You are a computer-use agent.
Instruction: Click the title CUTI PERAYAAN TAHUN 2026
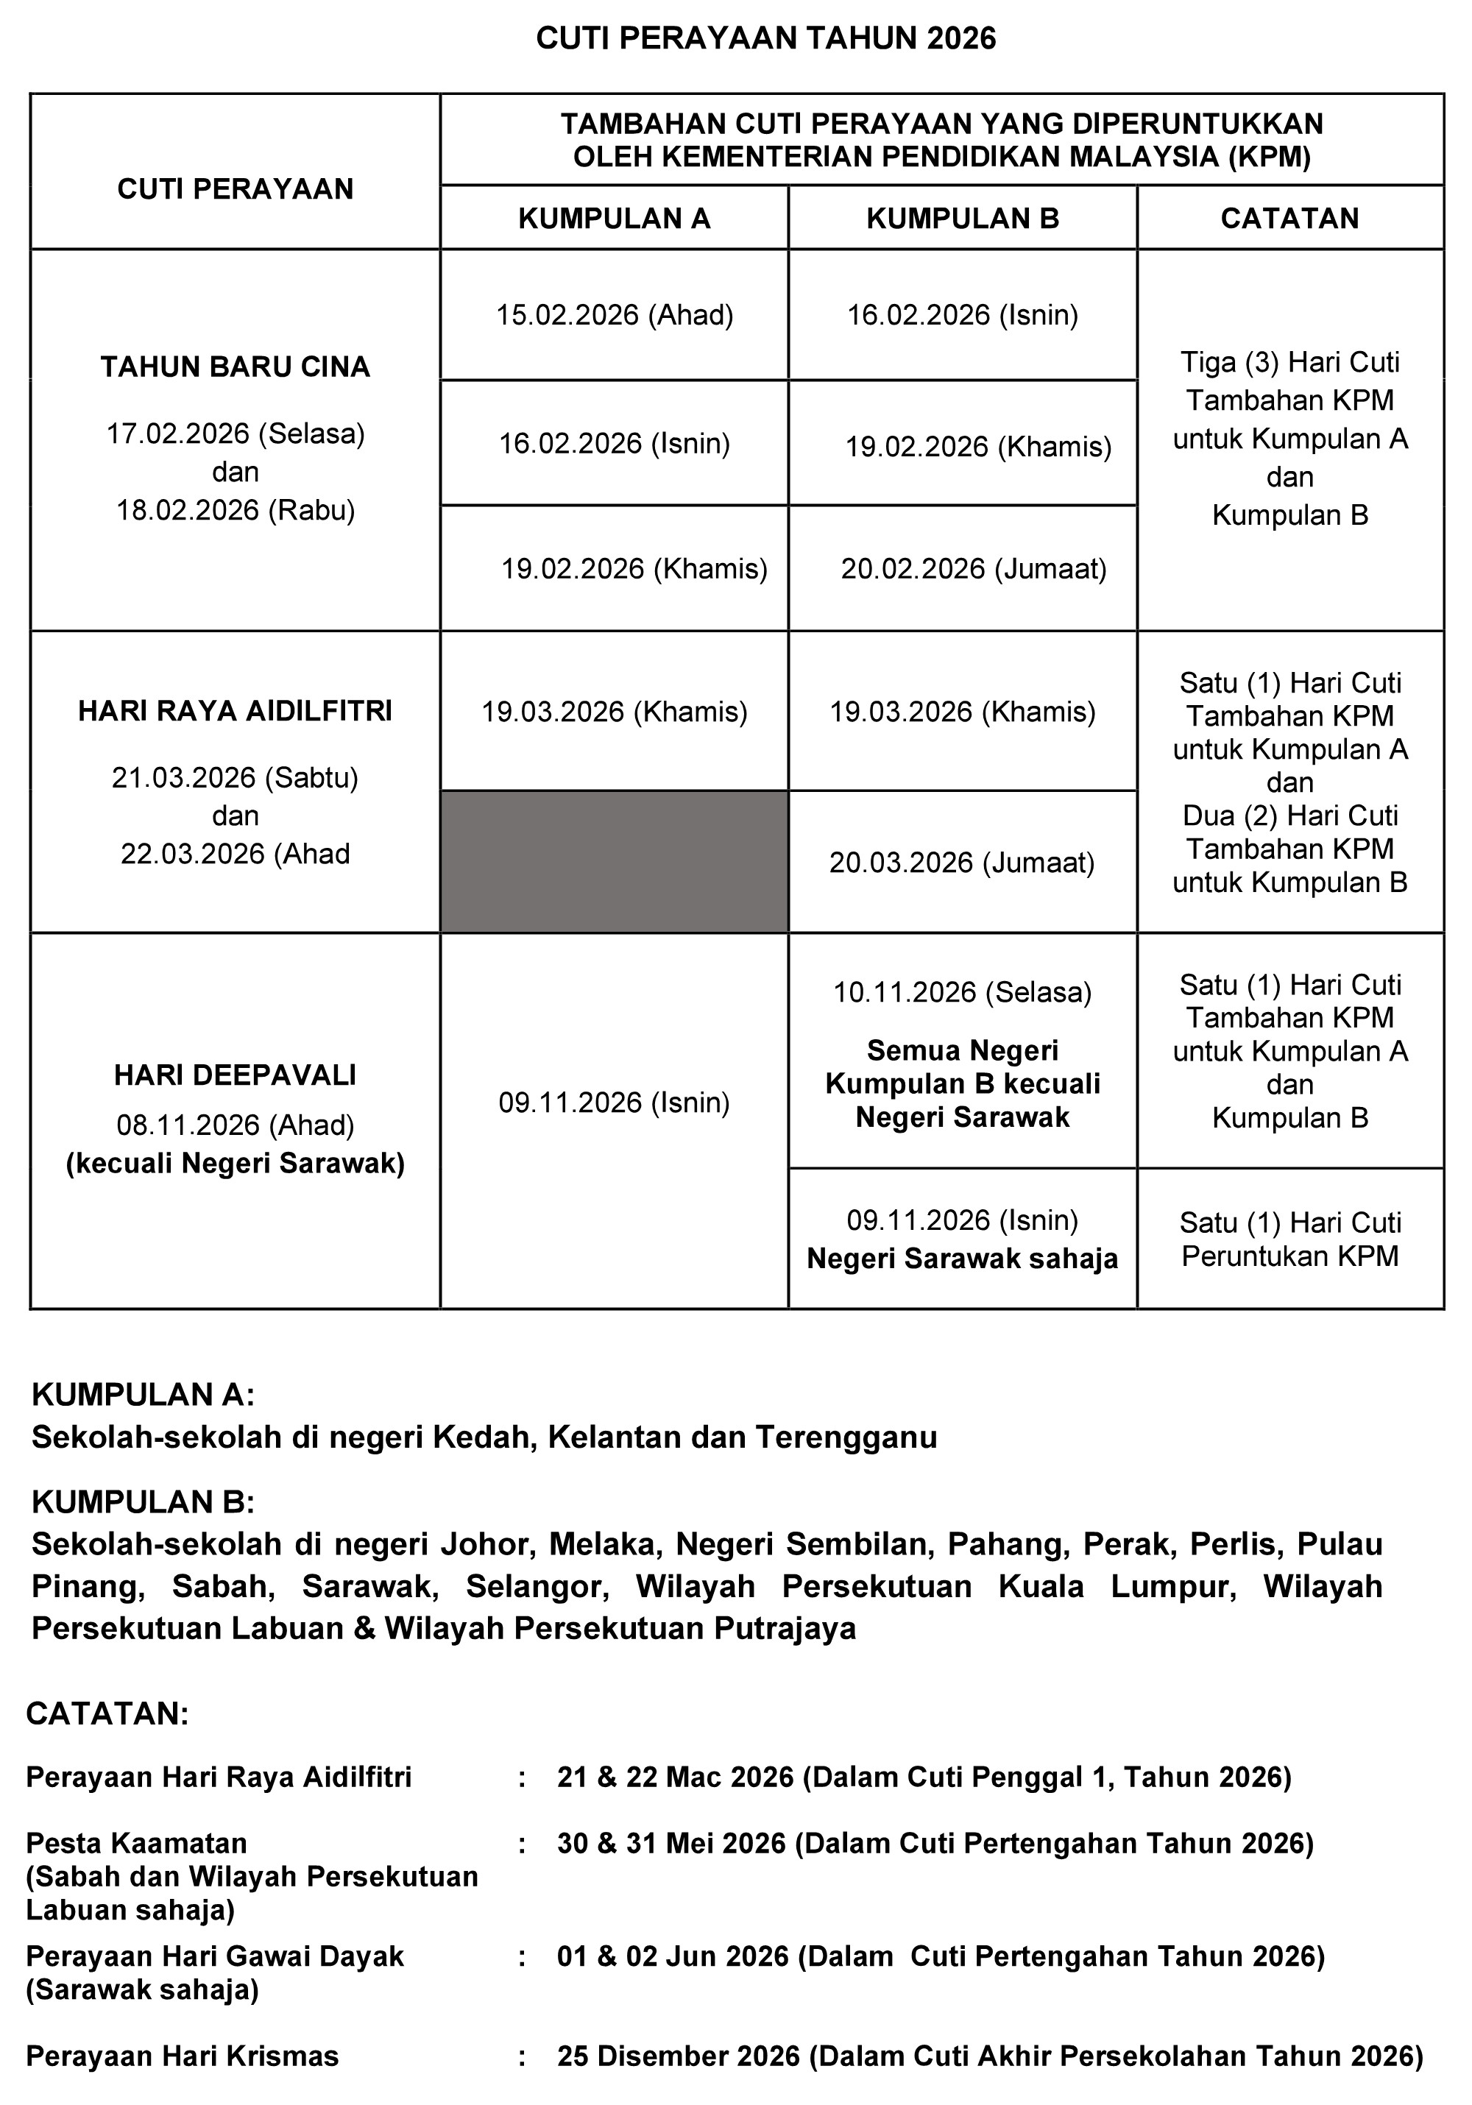(x=765, y=38)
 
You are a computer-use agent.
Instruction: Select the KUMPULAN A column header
(x=614, y=218)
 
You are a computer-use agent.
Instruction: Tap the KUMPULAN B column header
(x=963, y=218)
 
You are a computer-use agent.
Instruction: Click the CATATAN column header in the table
(x=1289, y=218)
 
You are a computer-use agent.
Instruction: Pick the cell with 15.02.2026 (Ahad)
(x=614, y=316)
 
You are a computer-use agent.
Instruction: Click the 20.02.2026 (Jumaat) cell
(x=974, y=570)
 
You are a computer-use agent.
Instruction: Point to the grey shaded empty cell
(x=614, y=862)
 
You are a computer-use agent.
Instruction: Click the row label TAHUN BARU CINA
(x=236, y=367)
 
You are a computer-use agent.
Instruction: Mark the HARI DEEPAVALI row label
(x=236, y=1075)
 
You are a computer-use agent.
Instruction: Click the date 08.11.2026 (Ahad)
(x=236, y=1125)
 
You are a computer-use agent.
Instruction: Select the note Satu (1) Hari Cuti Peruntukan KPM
(x=1289, y=1239)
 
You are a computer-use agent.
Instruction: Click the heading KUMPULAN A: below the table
(x=143, y=1395)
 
